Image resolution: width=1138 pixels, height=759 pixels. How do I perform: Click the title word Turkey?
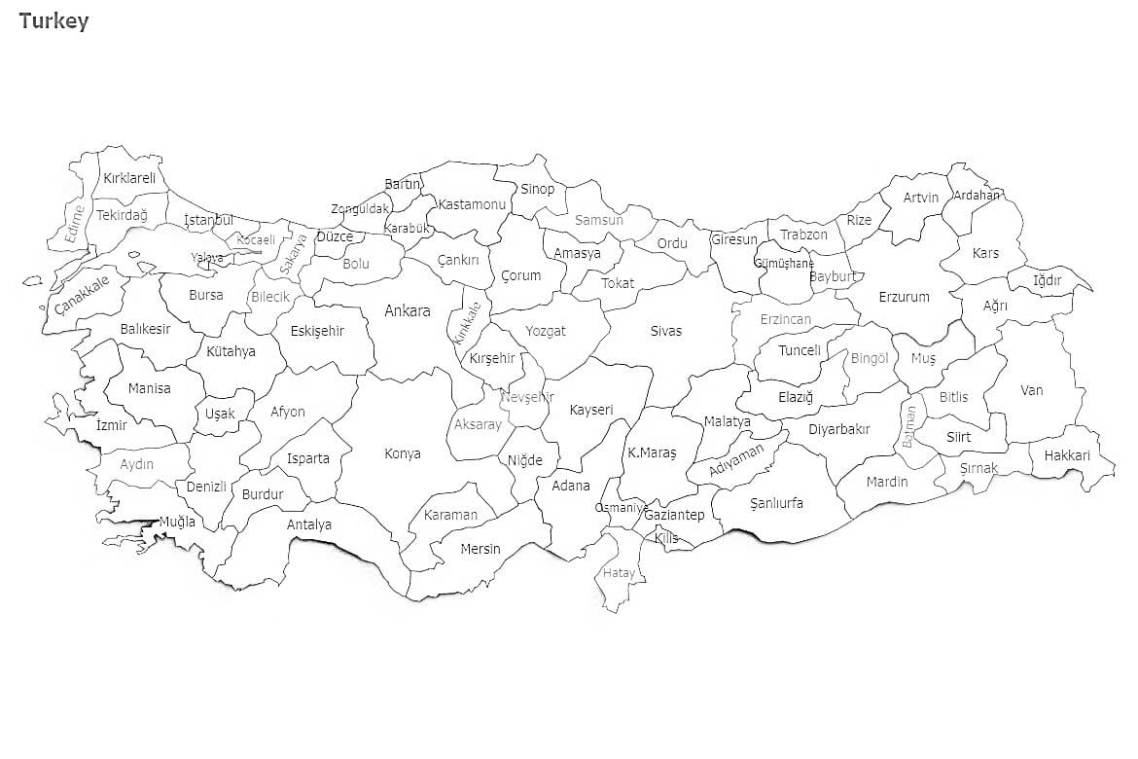(x=53, y=21)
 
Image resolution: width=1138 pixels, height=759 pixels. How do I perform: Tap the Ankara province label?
(x=407, y=311)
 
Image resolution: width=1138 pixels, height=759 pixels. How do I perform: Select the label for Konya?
(x=403, y=453)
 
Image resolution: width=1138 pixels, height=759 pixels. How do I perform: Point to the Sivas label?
(x=666, y=331)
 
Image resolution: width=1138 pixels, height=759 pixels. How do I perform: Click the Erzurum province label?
(x=904, y=297)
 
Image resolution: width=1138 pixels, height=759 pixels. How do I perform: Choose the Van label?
(x=1031, y=390)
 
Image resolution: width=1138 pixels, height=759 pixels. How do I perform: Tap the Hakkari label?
(x=1067, y=455)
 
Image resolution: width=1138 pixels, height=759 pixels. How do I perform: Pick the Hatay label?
(x=619, y=573)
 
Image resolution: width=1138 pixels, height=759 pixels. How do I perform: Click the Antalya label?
(x=309, y=524)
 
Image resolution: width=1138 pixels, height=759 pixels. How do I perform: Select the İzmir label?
(x=112, y=424)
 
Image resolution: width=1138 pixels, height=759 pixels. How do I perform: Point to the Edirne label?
(x=74, y=223)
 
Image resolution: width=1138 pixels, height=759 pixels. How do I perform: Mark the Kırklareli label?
(x=129, y=178)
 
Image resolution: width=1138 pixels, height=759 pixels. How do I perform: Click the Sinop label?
(x=537, y=189)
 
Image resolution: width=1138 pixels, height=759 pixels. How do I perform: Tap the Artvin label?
(x=921, y=198)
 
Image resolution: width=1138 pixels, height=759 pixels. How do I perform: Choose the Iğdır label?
(x=1048, y=280)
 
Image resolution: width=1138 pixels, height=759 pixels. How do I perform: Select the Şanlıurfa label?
(x=776, y=503)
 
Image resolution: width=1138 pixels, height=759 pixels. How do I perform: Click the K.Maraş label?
(x=652, y=452)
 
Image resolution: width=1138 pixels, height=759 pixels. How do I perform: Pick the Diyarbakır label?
(x=838, y=429)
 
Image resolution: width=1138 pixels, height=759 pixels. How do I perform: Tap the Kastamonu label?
(x=472, y=204)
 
